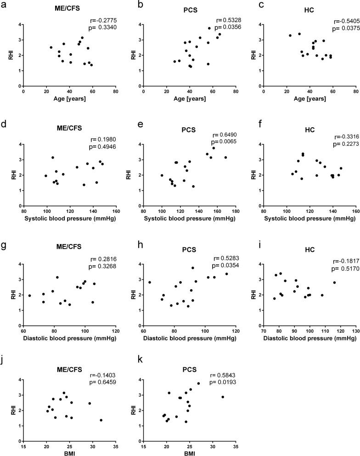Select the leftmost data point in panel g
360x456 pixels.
pos(29,296)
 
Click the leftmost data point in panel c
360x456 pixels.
pos(290,35)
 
